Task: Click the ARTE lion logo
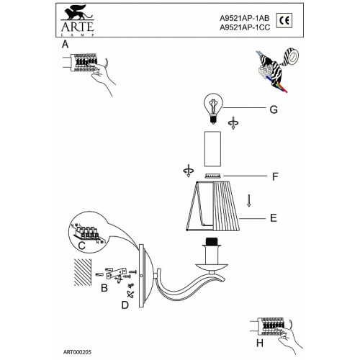[x=77, y=21]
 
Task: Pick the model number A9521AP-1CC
[x=245, y=27]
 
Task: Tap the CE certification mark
[x=284, y=20]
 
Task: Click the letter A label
[x=65, y=45]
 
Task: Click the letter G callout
[x=274, y=109]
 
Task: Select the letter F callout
[x=275, y=176]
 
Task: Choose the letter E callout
[x=274, y=218]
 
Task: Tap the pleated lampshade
[x=212, y=206]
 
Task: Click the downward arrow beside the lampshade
[x=249, y=200]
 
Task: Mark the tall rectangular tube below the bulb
[x=212, y=149]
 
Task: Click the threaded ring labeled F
[x=212, y=176]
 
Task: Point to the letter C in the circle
[x=82, y=246]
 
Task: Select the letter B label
[x=104, y=288]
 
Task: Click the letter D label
[x=125, y=305]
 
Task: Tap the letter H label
[x=260, y=343]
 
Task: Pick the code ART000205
[x=77, y=352]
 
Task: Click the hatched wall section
[x=83, y=272]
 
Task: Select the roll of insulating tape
[x=292, y=57]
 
